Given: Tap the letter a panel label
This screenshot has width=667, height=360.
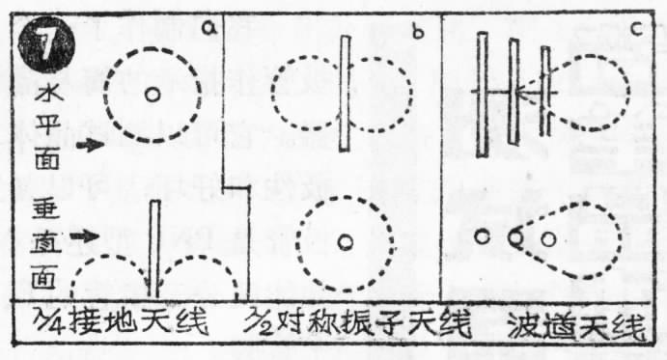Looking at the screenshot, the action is (205, 29).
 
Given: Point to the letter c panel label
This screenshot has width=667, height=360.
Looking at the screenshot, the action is (635, 28).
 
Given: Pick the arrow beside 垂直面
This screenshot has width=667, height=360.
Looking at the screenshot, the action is (88, 234).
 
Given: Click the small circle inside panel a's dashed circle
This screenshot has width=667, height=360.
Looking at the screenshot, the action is (152, 95).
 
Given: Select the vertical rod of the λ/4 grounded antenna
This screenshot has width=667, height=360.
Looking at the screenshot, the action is (153, 246).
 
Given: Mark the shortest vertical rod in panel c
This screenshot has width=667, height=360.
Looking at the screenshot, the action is (544, 92).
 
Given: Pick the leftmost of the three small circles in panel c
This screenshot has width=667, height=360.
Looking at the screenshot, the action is (481, 237).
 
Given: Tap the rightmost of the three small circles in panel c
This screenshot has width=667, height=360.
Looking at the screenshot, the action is (549, 237).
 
